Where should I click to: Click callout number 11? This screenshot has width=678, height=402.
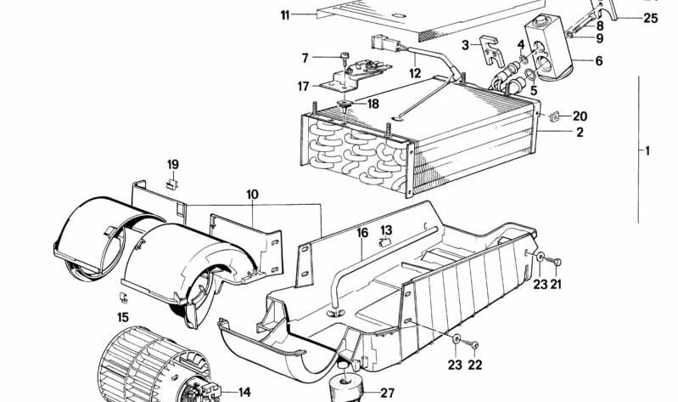point(285,15)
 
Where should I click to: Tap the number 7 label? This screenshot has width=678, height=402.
point(305,59)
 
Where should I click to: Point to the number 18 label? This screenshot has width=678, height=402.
point(372,103)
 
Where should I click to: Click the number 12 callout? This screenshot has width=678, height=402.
point(414,74)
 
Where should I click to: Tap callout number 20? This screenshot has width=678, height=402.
point(580,116)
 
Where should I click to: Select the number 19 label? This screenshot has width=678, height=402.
point(172,164)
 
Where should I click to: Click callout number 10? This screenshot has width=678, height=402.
point(252,195)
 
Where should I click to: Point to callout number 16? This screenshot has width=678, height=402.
point(361,232)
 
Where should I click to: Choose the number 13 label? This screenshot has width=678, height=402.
point(386,230)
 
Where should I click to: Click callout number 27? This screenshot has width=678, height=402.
point(387,393)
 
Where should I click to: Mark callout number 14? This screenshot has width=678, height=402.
point(244,392)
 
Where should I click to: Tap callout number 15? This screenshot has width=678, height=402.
point(123,317)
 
